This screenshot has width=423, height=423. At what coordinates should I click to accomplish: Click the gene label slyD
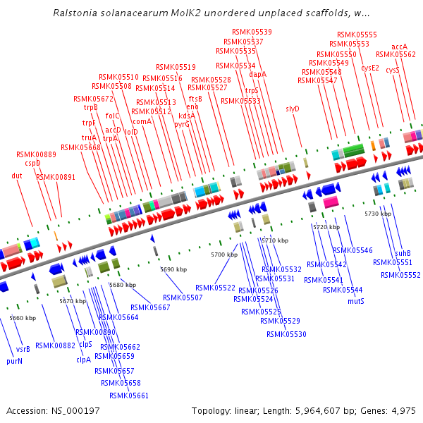(x=293, y=109)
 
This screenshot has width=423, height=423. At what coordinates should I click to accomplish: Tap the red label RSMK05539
(x=252, y=32)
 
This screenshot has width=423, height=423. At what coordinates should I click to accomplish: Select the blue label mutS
(x=356, y=301)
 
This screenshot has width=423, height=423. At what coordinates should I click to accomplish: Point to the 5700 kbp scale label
(x=224, y=255)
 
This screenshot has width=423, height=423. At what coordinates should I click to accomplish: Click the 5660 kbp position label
(x=23, y=318)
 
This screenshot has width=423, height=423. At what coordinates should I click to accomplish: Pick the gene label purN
(x=14, y=361)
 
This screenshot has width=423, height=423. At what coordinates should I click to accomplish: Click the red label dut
(x=17, y=176)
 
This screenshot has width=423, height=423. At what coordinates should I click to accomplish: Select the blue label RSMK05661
(x=129, y=396)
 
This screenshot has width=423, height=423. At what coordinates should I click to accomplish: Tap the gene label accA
(x=399, y=47)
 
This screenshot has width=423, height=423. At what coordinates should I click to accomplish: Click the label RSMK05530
(x=286, y=334)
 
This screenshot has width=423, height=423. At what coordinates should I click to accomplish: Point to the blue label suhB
(x=403, y=253)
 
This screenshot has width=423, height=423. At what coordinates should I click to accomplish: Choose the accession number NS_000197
(x=75, y=411)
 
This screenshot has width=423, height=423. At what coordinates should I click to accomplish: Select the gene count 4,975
(x=403, y=411)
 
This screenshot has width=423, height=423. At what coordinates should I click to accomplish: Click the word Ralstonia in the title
(x=75, y=13)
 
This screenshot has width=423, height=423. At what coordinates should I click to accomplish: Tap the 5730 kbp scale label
(x=378, y=214)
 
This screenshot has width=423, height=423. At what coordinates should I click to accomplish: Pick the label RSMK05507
(x=183, y=298)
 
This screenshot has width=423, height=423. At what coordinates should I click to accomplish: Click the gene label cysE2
(x=370, y=68)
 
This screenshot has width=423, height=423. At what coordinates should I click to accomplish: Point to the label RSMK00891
(x=56, y=177)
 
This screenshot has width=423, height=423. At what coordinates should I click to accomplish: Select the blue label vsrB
(x=23, y=350)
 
